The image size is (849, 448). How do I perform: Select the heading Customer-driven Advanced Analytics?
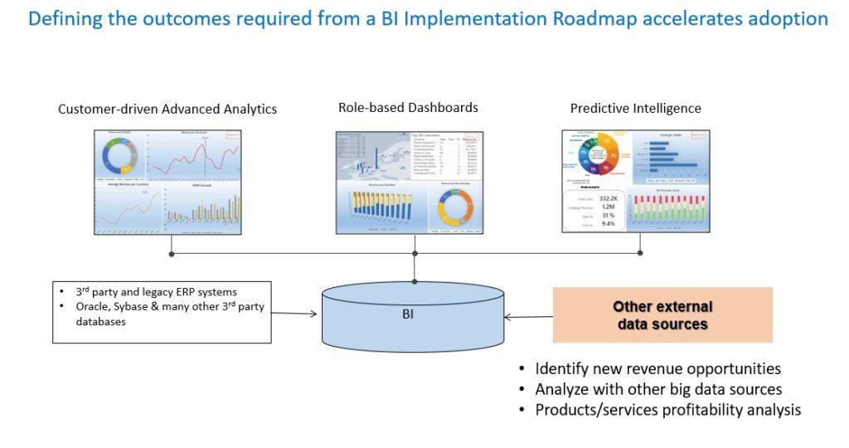point(167,109)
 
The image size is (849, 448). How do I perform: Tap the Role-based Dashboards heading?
point(408,107)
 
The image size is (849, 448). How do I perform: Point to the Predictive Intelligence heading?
point(635,108)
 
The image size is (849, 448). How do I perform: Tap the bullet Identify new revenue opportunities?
point(657,368)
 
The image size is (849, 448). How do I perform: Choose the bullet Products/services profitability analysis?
point(667,409)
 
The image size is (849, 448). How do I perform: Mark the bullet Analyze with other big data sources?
point(658,389)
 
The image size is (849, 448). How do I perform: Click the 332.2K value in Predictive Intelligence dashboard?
point(608,199)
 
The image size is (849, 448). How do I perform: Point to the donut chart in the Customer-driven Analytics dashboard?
point(120,155)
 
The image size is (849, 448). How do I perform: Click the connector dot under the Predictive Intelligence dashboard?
point(640,252)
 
